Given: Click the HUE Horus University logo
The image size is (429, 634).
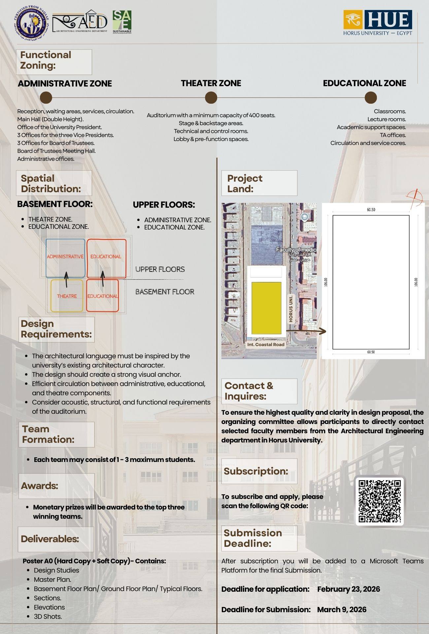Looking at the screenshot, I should pos(378,22).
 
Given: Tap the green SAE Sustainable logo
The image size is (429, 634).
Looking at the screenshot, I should pos(122,21).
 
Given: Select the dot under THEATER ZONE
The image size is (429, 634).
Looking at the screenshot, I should pos(211,98).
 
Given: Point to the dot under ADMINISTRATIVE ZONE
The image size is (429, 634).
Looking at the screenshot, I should pos(46,98).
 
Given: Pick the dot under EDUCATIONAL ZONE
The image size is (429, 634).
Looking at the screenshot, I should pos(371,98).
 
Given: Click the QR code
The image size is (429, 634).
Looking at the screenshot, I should pos(379,501).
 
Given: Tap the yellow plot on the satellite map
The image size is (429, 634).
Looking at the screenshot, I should pos(266,308).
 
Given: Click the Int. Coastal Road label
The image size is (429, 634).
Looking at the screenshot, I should pos(266,344).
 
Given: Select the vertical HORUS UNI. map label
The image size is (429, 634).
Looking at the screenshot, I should pos(291,308).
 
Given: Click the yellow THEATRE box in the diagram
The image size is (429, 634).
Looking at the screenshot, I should pos(67,296).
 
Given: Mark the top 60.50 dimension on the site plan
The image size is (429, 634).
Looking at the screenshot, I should pos(371,210).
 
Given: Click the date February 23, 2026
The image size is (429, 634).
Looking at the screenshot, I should pos(348,589).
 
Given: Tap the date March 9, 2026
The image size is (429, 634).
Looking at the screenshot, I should pos(342,610).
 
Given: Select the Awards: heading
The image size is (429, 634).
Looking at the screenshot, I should pos(40,486).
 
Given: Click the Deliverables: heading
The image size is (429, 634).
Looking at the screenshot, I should pos(50,539).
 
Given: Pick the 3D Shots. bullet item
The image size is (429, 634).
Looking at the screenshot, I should pos(48,616).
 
